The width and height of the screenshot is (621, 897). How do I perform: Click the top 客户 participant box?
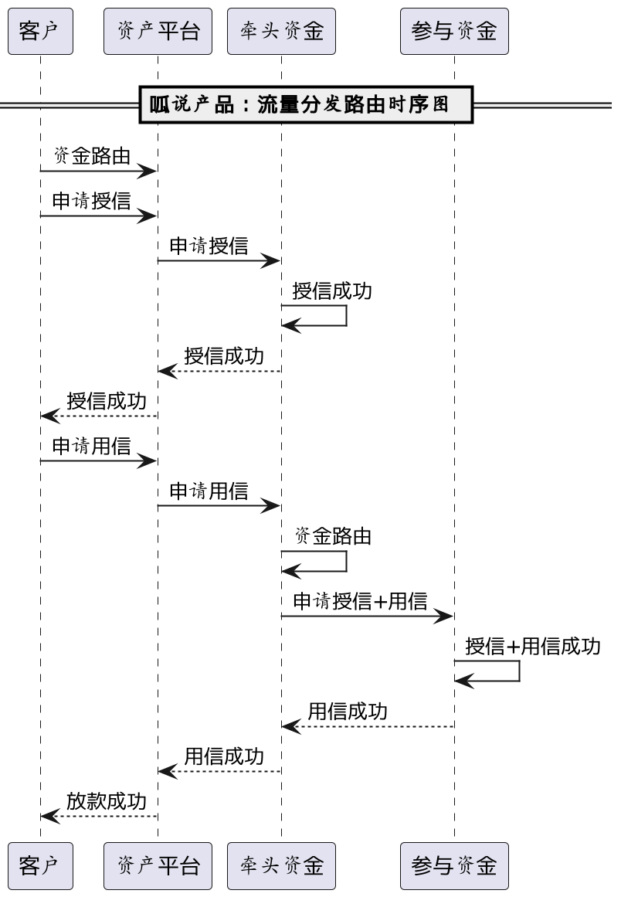[x=40, y=32]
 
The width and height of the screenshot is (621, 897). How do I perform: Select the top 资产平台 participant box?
[x=158, y=32]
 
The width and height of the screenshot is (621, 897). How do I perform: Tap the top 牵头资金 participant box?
[x=281, y=32]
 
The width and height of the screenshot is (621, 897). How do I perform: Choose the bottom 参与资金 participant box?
[x=454, y=865]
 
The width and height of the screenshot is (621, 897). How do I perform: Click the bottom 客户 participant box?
[x=40, y=865]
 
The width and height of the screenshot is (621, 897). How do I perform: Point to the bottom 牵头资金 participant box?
[x=281, y=865]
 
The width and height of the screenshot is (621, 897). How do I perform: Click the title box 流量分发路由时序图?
[x=305, y=105]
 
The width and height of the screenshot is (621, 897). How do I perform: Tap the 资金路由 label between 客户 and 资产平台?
[x=92, y=156]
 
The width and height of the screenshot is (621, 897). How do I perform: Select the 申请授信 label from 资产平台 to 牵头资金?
[x=209, y=246]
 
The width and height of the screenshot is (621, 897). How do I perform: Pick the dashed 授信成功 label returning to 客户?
[x=107, y=402]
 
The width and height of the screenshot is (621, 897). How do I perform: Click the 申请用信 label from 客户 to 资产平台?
[x=92, y=447]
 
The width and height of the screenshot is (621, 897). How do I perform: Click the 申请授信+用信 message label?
[x=360, y=602]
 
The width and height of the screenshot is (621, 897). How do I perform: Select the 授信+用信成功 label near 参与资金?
[x=533, y=647]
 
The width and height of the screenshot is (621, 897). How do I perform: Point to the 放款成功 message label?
[x=107, y=801]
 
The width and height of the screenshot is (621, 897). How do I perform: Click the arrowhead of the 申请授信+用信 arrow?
[x=444, y=617]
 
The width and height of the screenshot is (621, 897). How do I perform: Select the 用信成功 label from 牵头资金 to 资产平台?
[x=224, y=756]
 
